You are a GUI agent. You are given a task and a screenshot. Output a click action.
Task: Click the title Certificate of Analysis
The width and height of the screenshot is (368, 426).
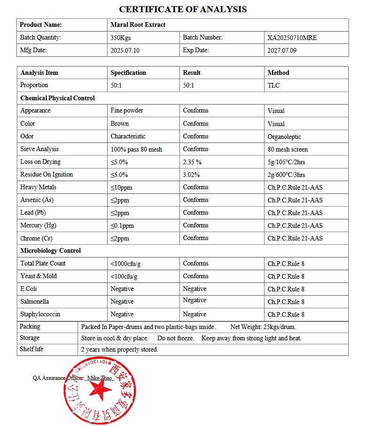point(183,9)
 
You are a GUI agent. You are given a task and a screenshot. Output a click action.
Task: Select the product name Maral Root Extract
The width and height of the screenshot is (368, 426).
point(138,24)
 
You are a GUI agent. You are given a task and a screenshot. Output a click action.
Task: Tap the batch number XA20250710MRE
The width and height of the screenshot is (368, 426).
point(292,38)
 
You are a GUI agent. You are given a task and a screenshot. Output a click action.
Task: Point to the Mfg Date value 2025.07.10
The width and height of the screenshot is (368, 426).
point(125,50)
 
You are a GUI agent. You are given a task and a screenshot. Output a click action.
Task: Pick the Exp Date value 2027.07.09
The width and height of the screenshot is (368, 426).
point(282,50)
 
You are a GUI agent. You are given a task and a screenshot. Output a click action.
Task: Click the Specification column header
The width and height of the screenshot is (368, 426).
point(128,72)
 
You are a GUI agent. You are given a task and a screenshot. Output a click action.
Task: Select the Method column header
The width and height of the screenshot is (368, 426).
point(278,72)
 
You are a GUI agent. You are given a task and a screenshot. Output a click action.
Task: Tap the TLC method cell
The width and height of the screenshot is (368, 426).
point(274,85)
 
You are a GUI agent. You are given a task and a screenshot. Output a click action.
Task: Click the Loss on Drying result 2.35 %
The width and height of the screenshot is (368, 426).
point(192,162)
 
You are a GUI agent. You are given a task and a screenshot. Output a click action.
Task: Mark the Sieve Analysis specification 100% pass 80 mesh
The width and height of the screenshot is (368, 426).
point(136,149)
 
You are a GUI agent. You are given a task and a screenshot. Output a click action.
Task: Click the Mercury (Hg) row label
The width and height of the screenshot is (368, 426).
point(38,225)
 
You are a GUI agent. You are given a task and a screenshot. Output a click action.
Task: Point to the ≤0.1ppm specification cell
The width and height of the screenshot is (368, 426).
point(122,225)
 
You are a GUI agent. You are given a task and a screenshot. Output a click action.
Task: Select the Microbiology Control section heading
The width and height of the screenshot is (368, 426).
point(50,250)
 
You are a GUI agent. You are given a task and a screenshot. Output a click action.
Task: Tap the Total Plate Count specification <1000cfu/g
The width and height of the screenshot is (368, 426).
point(127,264)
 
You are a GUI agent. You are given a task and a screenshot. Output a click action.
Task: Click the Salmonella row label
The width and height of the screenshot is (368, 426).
point(34,301)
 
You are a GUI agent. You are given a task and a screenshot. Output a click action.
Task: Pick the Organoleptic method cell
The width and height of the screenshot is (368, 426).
point(284,137)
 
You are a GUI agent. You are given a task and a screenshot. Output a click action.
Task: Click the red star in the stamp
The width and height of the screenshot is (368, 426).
point(100,389)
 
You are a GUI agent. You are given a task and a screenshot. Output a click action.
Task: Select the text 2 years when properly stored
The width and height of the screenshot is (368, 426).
point(119,349)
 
